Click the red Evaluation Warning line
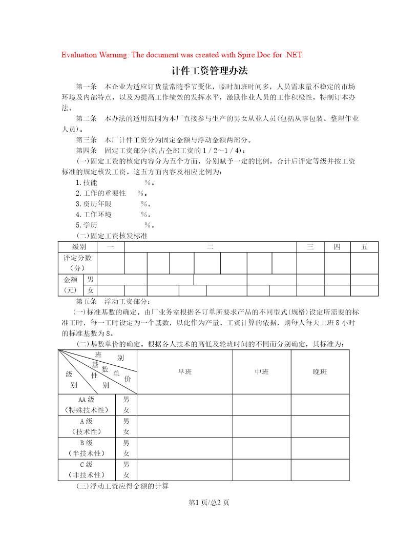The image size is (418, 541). [x=182, y=55]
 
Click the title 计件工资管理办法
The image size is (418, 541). [x=209, y=71]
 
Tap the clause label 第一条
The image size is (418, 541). [x=86, y=86]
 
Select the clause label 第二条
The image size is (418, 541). [x=86, y=118]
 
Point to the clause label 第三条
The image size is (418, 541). [x=86, y=140]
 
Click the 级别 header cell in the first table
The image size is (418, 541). [x=79, y=247]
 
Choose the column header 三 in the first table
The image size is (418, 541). [x=310, y=247]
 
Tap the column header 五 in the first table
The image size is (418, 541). [x=364, y=247]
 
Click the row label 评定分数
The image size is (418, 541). [x=77, y=258]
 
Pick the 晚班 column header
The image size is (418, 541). [x=320, y=372]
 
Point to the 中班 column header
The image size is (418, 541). [x=262, y=372]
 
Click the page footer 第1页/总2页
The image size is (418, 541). [x=209, y=503]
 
